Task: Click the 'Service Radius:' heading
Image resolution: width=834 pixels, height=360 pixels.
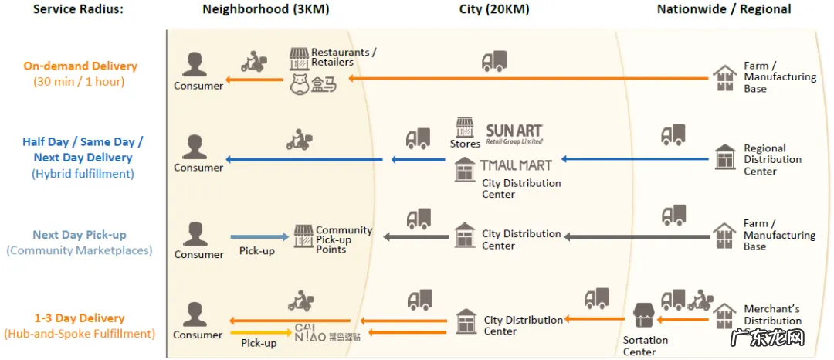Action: pyautogui.click(x=78, y=9)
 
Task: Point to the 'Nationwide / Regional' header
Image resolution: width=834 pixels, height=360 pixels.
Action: pyautogui.click(x=724, y=9)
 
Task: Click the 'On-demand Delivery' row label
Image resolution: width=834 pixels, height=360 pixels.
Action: pyautogui.click(x=80, y=66)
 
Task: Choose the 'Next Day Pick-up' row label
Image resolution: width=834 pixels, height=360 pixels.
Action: pyautogui.click(x=80, y=235)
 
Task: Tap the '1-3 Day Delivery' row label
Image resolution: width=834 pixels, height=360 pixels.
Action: pyautogui.click(x=80, y=318)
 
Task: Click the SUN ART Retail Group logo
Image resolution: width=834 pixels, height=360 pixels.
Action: pyautogui.click(x=514, y=133)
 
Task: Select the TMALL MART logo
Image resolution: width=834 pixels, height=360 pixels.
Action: pyautogui.click(x=515, y=165)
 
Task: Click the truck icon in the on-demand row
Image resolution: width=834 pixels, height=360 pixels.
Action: pyautogui.click(x=493, y=61)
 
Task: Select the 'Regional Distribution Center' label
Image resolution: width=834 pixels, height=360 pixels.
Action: pyautogui.click(x=772, y=159)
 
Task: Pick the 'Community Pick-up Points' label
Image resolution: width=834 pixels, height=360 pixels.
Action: pyautogui.click(x=344, y=239)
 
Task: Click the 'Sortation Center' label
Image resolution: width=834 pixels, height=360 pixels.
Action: pyautogui.click(x=646, y=346)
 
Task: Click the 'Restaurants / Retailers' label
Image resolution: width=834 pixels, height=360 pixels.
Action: pyautogui.click(x=344, y=57)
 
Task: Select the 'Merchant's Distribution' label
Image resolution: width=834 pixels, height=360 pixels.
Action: pyautogui.click(x=773, y=315)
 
